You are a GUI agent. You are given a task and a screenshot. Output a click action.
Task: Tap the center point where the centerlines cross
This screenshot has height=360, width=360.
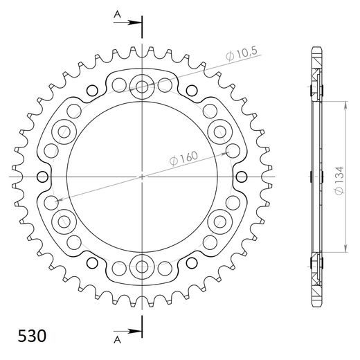(x=143, y=176)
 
